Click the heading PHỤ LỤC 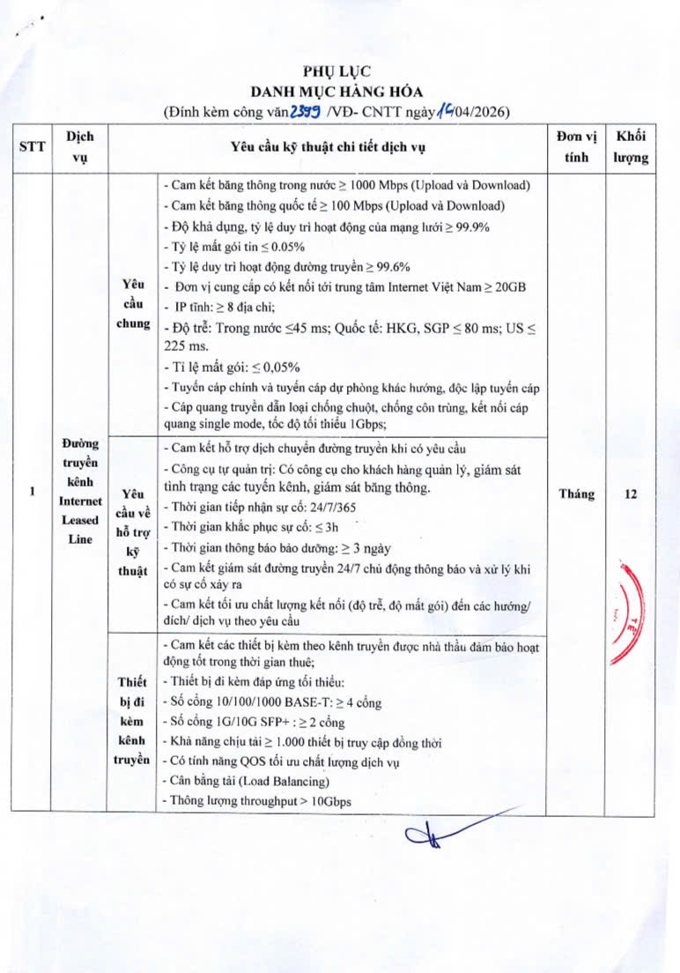tap(337, 72)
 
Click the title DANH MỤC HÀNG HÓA tap(337, 91)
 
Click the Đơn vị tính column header tap(577, 147)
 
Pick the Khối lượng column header tap(631, 147)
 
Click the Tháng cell tap(577, 494)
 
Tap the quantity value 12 tap(631, 494)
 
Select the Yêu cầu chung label tap(133, 304)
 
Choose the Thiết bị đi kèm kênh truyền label tap(133, 721)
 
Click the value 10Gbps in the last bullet tap(331, 801)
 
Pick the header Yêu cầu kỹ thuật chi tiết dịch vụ tap(327, 147)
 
